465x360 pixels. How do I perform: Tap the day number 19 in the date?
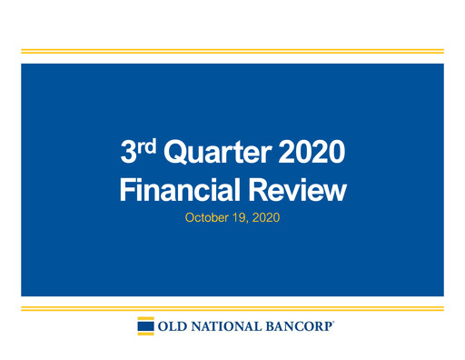coord(241,218)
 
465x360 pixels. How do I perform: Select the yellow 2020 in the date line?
coord(266,218)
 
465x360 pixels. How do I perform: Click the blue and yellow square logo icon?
coord(145,326)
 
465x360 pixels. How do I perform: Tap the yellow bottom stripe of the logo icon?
coord(145,334)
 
